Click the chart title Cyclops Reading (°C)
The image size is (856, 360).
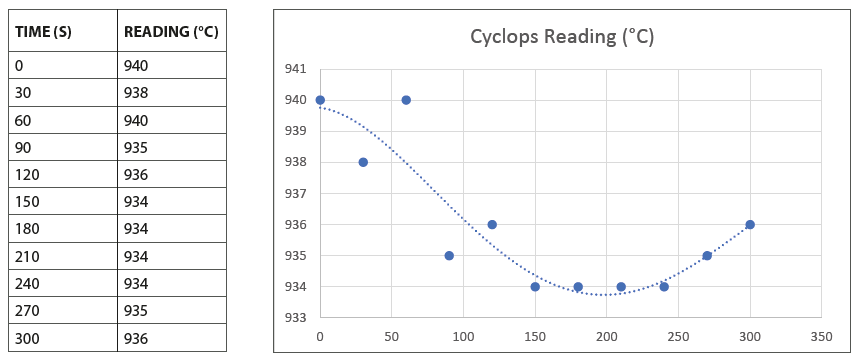(x=562, y=37)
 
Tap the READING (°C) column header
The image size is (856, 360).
(x=170, y=32)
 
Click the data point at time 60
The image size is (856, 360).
(x=406, y=100)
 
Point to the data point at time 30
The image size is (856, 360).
(x=363, y=162)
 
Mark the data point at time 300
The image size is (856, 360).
(x=750, y=224)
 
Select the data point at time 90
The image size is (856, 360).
(x=449, y=255)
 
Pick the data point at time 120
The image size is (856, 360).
(x=492, y=224)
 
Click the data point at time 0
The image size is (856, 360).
(x=320, y=100)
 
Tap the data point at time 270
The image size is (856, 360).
(x=707, y=255)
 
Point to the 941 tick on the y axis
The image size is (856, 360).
(x=297, y=69)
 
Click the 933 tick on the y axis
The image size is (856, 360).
(x=297, y=318)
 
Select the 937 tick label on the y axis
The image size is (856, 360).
(x=297, y=193)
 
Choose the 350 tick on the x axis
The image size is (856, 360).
(x=821, y=337)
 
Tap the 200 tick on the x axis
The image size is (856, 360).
(x=606, y=337)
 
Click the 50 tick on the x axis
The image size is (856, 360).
(x=391, y=337)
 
